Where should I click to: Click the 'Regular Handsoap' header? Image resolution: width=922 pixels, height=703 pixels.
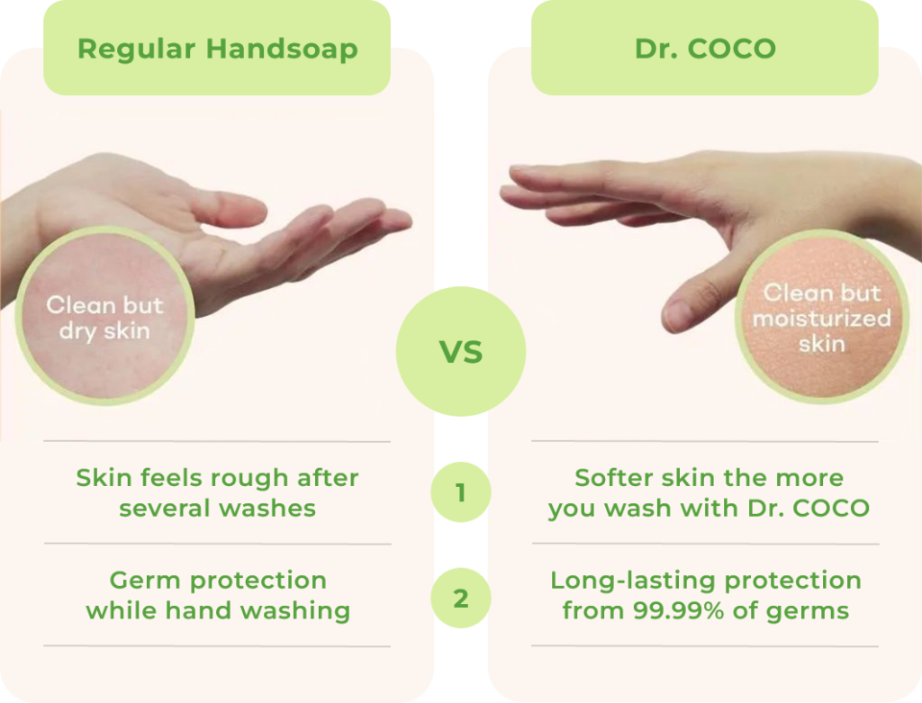tap(217, 49)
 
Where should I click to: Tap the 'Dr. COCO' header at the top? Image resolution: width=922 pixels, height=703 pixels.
tap(704, 49)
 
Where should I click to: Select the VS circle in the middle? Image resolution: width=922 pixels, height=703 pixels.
tap(461, 351)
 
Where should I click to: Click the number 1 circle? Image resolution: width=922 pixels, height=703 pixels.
tap(461, 492)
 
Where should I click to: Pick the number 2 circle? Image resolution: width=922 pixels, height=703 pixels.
tap(461, 598)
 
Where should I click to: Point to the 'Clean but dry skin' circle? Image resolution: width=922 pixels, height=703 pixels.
tap(104, 316)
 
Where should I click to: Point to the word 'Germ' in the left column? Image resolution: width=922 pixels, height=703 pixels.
tap(145, 581)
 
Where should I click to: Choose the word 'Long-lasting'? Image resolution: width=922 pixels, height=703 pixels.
tap(633, 581)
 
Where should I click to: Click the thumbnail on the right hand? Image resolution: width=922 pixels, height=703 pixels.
tap(676, 315)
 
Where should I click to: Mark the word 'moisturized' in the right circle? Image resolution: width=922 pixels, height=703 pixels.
tap(822, 319)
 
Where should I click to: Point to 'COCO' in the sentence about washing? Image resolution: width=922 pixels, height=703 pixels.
tap(831, 509)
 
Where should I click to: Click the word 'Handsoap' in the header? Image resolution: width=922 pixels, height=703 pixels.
tap(282, 49)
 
